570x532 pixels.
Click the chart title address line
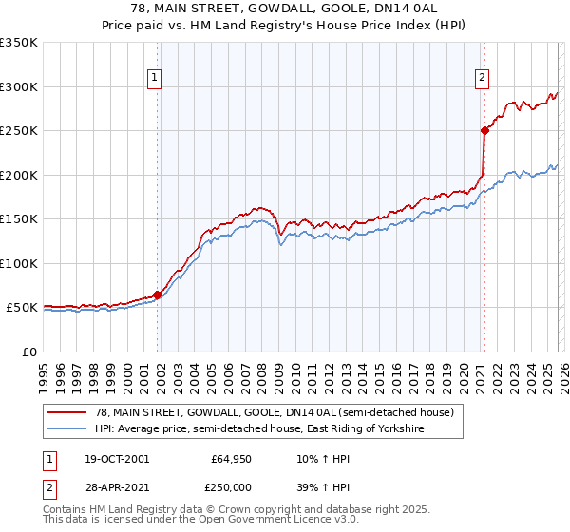click(285, 9)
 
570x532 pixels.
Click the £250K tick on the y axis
click(19, 131)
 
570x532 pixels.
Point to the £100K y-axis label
click(19, 263)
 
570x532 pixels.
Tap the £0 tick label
click(29, 351)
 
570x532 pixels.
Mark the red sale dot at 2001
click(158, 294)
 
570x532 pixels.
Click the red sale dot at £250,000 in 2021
click(484, 131)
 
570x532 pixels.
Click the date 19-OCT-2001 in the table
click(116, 459)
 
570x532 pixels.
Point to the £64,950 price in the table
click(230, 459)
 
